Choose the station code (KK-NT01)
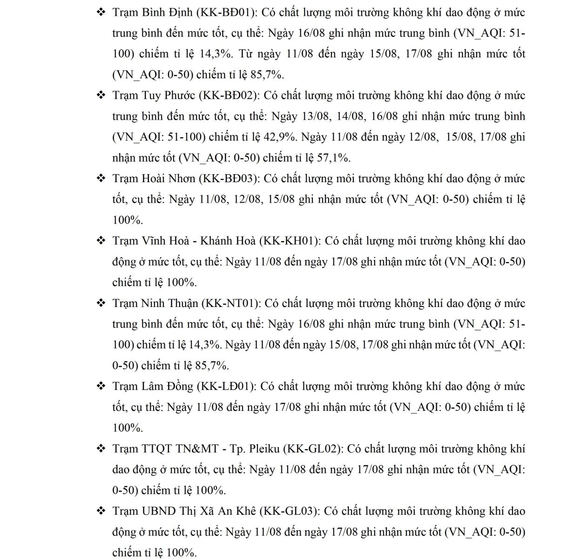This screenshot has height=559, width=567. click(231, 303)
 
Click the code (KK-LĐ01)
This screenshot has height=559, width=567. click(226, 386)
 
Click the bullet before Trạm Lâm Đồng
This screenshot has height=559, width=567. click(101, 386)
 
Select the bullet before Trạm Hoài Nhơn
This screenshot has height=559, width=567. click(101, 178)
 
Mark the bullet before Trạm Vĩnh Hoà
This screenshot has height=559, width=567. click(101, 241)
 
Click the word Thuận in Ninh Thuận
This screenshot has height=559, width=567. click(182, 303)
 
